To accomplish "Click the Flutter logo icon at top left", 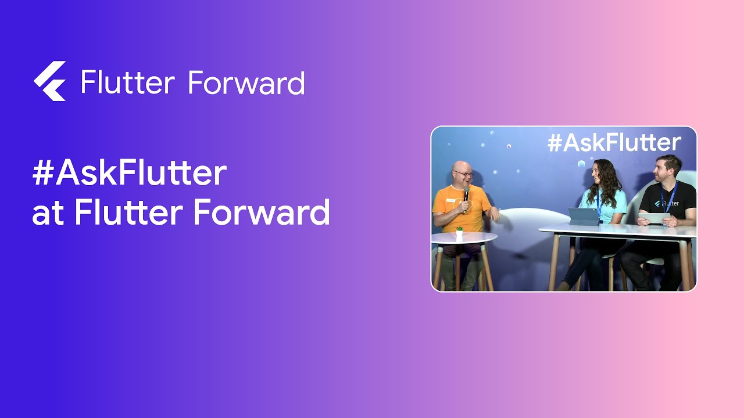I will pyautogui.click(x=50, y=81).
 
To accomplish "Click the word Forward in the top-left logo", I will pyautogui.click(x=246, y=83).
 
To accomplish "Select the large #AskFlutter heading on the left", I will pyautogui.click(x=129, y=174).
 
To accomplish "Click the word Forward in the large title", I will pyautogui.click(x=261, y=212).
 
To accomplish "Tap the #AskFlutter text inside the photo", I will pyautogui.click(x=614, y=142).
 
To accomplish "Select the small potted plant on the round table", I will pyautogui.click(x=459, y=233).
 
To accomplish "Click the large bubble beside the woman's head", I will pyautogui.click(x=581, y=164).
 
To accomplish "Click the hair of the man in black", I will pyautogui.click(x=668, y=160).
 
